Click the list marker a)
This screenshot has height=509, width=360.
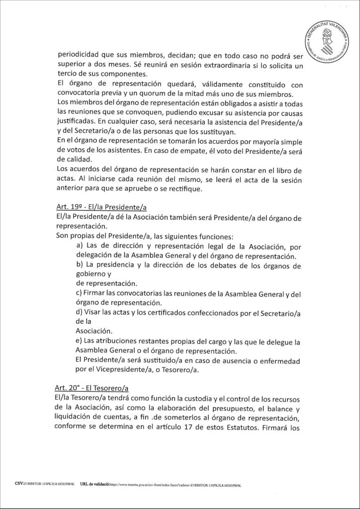click(x=80, y=247)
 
